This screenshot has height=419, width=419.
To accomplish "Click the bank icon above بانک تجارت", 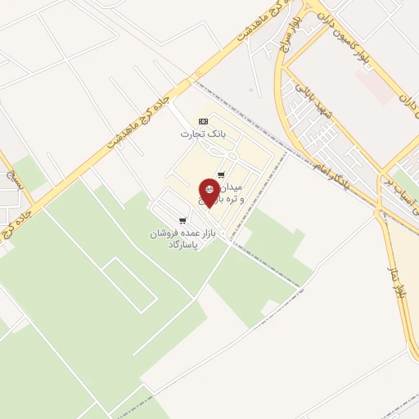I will (204, 121).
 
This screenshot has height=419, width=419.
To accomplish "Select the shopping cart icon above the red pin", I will (221, 174).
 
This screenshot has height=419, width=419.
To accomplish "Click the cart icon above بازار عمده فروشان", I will (182, 220).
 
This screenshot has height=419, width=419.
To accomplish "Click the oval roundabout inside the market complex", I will (232, 155).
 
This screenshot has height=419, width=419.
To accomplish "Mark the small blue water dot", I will (250, 90).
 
